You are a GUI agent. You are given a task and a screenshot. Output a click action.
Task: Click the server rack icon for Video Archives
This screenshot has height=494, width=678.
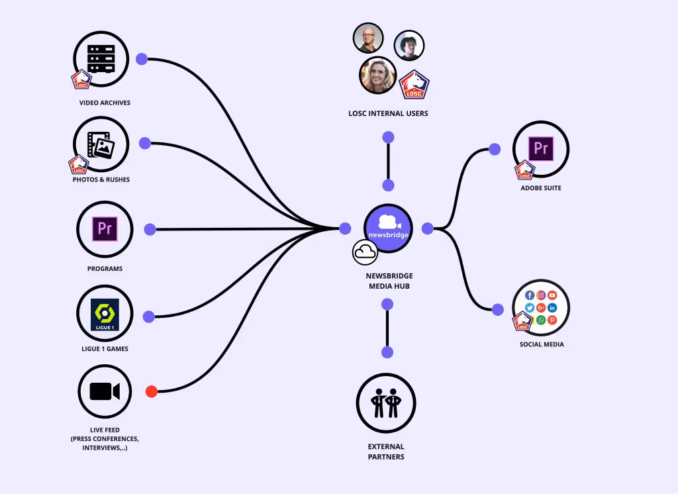(101, 59)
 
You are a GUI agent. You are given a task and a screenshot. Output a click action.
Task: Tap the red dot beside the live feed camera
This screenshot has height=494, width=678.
(152, 391)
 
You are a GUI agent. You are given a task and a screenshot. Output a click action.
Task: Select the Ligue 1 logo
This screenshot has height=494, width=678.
(105, 314)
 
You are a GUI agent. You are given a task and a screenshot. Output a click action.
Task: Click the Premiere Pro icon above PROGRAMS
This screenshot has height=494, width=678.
(105, 229)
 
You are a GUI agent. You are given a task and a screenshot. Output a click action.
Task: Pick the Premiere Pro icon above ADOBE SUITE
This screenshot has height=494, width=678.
(541, 148)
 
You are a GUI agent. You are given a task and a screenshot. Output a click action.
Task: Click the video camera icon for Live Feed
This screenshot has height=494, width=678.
(105, 391)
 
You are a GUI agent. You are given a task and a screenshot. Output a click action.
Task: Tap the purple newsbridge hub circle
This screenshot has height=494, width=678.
(389, 228)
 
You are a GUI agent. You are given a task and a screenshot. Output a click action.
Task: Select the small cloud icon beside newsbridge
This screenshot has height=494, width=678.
(365, 252)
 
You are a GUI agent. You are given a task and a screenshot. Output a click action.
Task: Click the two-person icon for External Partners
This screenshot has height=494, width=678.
(385, 403)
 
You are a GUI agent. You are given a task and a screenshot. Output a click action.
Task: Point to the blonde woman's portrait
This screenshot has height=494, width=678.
(377, 75)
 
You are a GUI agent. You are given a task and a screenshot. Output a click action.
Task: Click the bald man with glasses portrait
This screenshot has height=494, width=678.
(368, 38)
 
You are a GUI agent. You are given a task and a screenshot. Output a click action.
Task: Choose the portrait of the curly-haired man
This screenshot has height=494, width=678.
(409, 46)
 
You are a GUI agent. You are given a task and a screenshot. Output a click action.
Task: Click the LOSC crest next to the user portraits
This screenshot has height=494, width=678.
(414, 85)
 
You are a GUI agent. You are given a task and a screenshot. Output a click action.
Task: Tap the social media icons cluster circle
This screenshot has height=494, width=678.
(541, 307)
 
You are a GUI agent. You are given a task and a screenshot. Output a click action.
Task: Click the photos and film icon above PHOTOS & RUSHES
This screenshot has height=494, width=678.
(101, 144)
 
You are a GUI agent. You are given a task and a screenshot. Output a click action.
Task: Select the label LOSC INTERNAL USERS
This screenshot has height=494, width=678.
(388, 113)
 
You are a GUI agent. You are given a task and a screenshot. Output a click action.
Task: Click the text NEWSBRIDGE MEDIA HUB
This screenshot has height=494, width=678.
(389, 281)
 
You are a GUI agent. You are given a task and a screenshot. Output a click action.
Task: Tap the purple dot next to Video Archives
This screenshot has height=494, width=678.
(142, 59)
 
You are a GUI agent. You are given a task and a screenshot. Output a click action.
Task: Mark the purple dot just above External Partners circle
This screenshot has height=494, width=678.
(387, 352)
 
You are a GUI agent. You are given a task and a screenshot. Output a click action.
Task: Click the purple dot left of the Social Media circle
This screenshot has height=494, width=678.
(498, 309)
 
